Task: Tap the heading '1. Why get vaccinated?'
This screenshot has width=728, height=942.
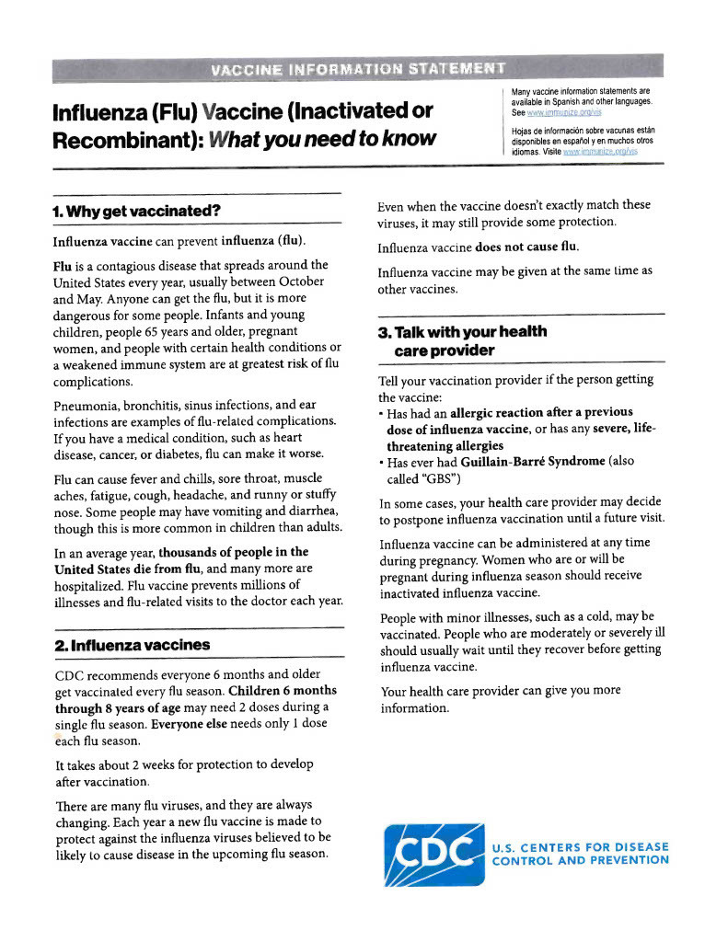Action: [137, 211]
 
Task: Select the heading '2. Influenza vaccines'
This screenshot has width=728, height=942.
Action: [133, 645]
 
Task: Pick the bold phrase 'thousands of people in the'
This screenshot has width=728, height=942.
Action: [234, 552]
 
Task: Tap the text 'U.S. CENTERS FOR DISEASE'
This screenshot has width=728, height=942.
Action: [581, 846]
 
